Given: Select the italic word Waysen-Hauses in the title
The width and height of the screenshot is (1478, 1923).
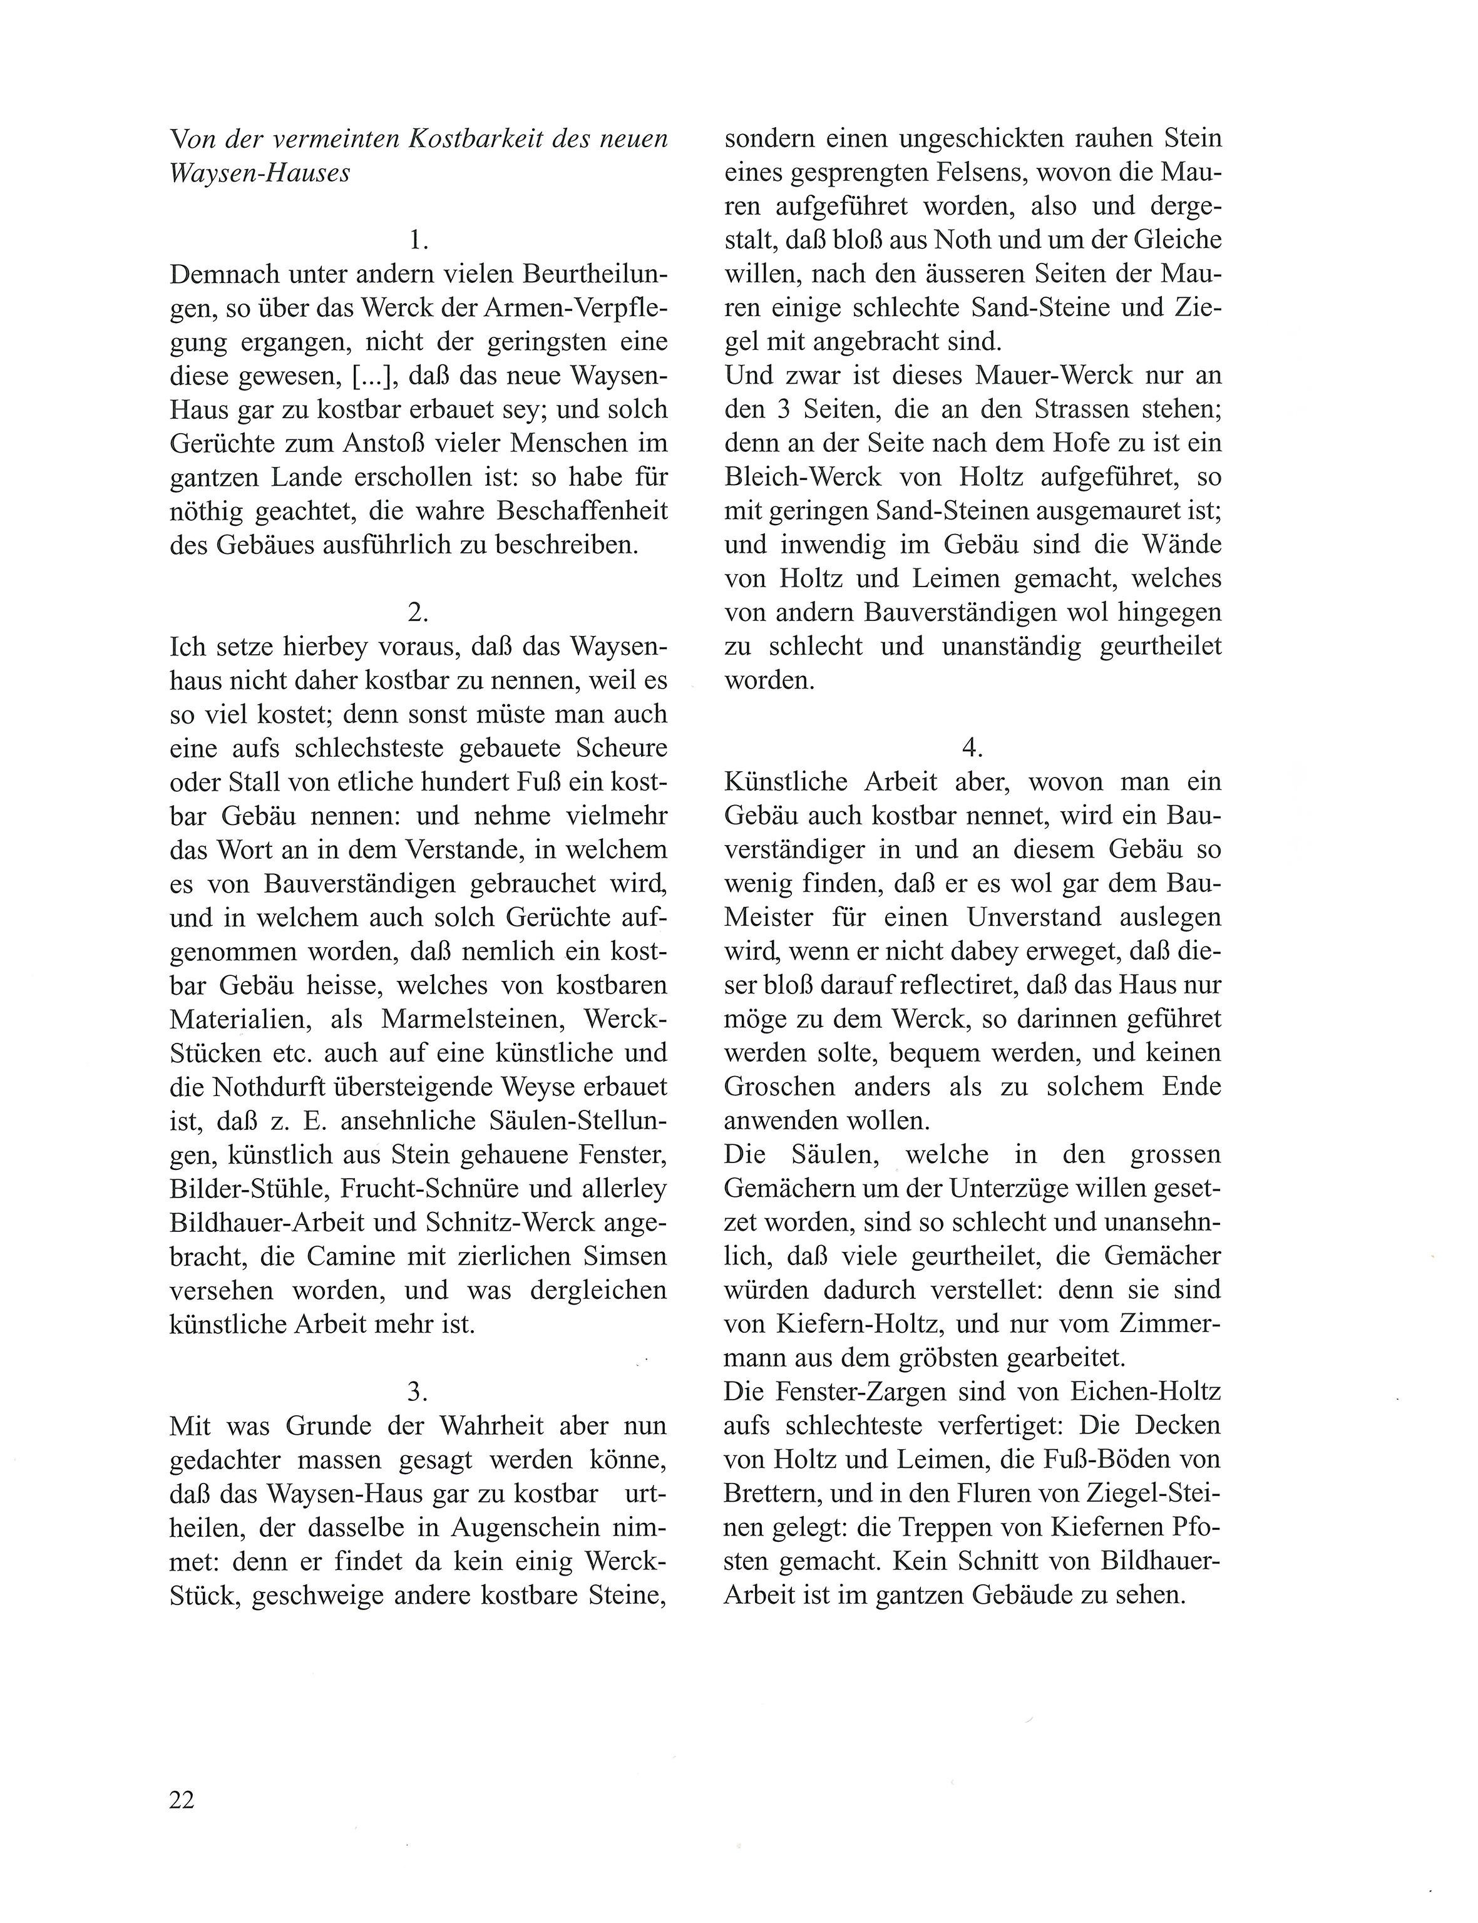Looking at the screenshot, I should [x=260, y=173].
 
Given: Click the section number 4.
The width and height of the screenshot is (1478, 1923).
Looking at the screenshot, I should [x=972, y=748].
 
